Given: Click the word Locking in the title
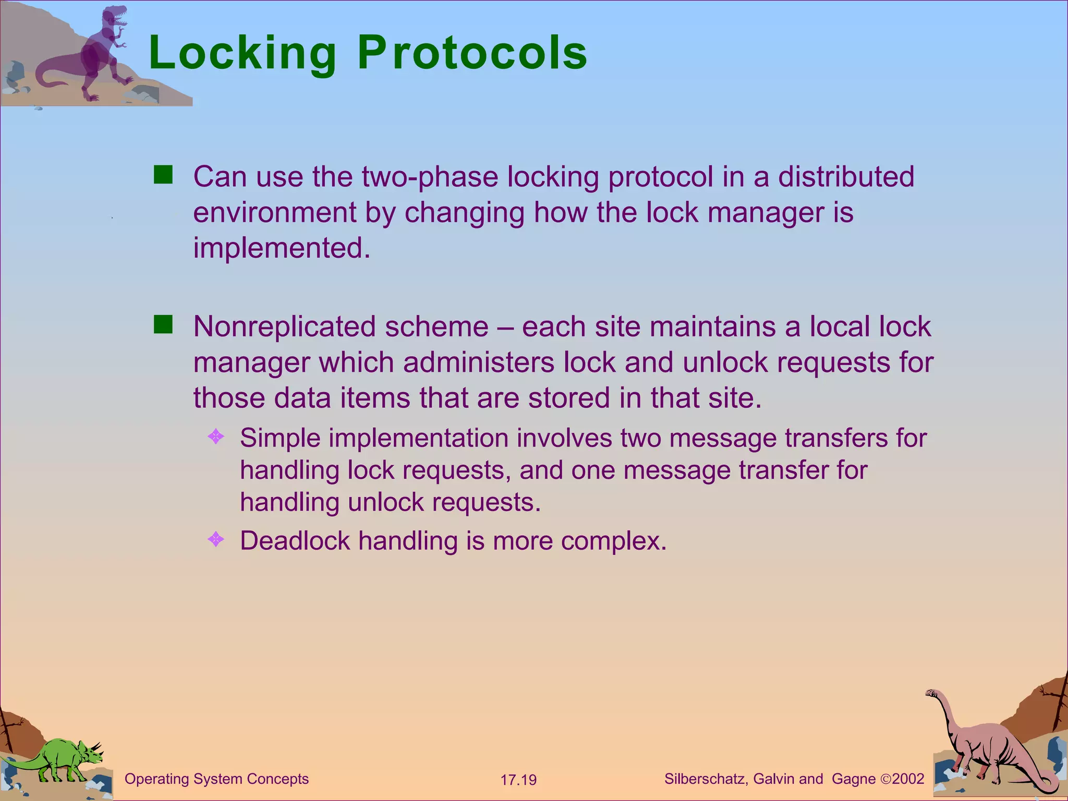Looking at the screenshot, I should point(242,53).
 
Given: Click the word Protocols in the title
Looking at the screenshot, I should point(472,53).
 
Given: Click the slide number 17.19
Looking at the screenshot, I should point(518,780).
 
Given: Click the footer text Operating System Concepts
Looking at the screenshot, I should point(216,779).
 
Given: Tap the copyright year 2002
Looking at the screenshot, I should point(908,779).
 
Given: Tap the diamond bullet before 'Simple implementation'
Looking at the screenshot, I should point(216,436).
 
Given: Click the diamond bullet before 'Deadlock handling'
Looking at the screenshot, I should point(216,539).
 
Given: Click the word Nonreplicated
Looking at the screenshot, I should point(284,327).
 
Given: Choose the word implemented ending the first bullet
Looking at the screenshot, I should point(282,248).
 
